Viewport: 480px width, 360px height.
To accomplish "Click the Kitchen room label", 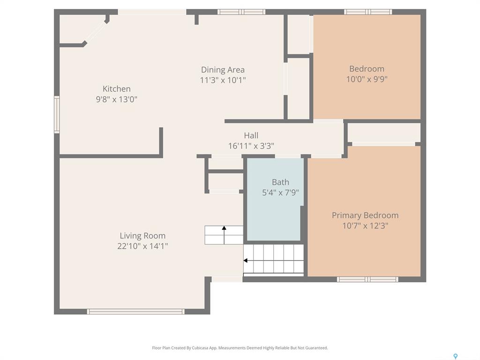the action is click(x=116, y=89).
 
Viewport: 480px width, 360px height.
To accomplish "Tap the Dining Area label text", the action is click(x=223, y=70).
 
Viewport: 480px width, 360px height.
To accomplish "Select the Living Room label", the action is click(x=142, y=236).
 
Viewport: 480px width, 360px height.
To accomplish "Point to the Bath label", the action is click(x=280, y=182).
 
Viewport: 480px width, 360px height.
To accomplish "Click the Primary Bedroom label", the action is click(x=365, y=216).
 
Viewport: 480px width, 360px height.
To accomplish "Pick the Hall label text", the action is click(x=251, y=135).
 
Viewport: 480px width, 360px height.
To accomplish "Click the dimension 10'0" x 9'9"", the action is click(x=367, y=79).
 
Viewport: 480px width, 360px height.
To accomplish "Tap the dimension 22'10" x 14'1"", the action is click(x=142, y=246).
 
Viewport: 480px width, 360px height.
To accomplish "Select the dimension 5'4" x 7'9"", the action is click(x=280, y=193).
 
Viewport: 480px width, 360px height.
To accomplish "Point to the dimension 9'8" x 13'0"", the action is click(x=116, y=99).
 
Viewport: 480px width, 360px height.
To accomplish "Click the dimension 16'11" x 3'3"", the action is click(x=251, y=146).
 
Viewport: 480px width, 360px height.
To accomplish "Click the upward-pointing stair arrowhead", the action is click(x=224, y=228).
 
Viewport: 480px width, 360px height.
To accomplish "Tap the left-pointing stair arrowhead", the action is click(x=245, y=261).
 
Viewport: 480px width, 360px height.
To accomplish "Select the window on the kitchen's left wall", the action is click(x=57, y=114).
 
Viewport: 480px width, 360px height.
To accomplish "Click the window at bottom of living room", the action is click(x=135, y=312).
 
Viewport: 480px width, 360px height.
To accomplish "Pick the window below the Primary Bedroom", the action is click(x=367, y=279).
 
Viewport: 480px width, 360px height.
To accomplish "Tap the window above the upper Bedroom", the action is click(x=367, y=12).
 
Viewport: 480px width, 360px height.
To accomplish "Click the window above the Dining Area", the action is click(x=241, y=12).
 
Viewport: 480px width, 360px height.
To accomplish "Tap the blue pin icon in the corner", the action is click(x=456, y=356).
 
